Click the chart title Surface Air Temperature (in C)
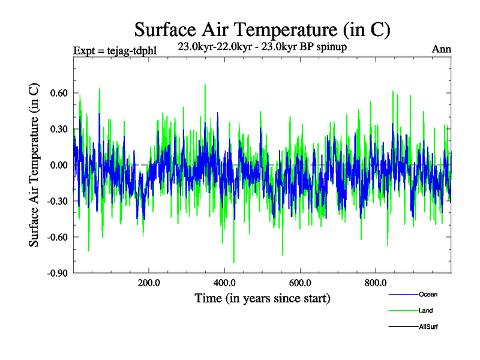point(263,29)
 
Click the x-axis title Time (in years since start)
point(262,298)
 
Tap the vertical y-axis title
point(34,166)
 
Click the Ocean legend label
point(428,294)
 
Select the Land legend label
point(426,310)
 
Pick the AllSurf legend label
point(428,326)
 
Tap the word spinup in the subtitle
point(332,46)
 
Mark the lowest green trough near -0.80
point(233,262)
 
